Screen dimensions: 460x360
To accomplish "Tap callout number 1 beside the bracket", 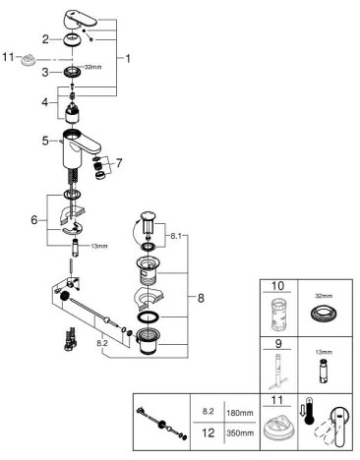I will click(126, 59).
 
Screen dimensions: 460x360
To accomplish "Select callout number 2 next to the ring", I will click(46, 38).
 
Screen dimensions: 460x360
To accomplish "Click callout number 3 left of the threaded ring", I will click(46, 71).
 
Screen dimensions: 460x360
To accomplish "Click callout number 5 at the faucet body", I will click(45, 141).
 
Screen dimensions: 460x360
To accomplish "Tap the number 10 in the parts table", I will click(276, 287).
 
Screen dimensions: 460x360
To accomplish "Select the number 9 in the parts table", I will click(276, 346).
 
